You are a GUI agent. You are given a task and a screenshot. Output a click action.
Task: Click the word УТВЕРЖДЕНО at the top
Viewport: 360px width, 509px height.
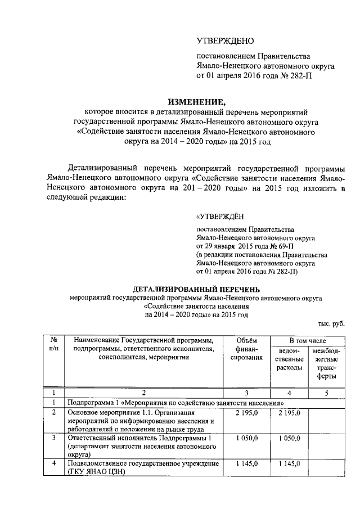(225, 41)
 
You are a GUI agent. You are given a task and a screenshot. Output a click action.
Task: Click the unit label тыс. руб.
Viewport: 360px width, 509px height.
(331, 323)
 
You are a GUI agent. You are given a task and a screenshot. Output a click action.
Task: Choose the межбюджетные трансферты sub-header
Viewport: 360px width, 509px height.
(326, 363)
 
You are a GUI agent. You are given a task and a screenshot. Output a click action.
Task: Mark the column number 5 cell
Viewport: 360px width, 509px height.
(326, 393)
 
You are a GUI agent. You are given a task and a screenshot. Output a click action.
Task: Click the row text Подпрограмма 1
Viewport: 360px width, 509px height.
(90, 403)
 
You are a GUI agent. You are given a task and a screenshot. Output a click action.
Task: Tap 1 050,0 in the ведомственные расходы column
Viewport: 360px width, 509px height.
(289, 438)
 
